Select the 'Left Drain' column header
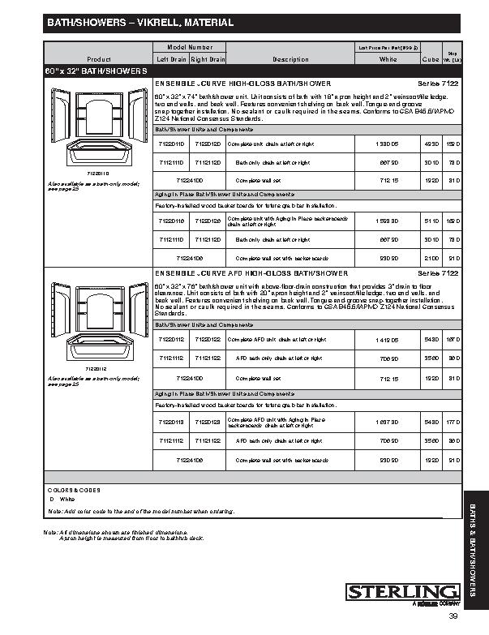(171, 59)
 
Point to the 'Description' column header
(290, 59)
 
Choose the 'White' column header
(388, 59)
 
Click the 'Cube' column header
(431, 59)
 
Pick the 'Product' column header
(98, 59)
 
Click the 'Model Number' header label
(189, 49)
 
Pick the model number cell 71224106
(190, 259)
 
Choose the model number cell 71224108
(190, 460)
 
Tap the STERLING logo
(404, 593)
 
